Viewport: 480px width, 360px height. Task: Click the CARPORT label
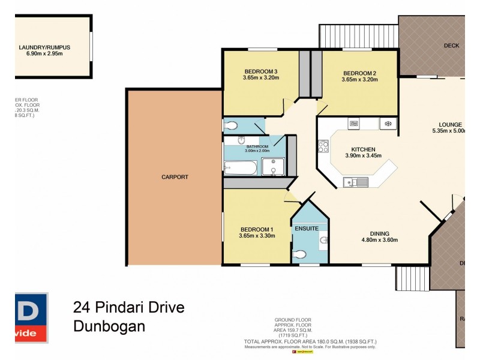point(175,177)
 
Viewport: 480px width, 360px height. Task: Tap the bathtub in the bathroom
point(241,167)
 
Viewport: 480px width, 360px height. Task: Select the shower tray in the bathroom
point(272,167)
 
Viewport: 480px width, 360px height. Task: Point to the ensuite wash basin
point(324,241)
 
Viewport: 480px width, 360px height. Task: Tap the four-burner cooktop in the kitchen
point(323,146)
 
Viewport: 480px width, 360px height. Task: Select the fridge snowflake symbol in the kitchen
point(388,124)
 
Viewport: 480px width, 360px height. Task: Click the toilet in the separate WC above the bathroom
point(232,126)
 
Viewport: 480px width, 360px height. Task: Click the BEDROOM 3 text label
point(260,70)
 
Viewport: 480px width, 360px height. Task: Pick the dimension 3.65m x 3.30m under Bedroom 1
point(257,236)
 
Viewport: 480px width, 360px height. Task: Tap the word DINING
point(379,233)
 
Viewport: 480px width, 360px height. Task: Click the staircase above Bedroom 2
point(358,36)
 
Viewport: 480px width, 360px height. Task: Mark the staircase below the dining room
point(412,278)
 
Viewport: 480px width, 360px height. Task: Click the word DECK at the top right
point(451,46)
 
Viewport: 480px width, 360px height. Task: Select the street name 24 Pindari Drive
point(128,308)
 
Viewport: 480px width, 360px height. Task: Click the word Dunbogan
point(109,328)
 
